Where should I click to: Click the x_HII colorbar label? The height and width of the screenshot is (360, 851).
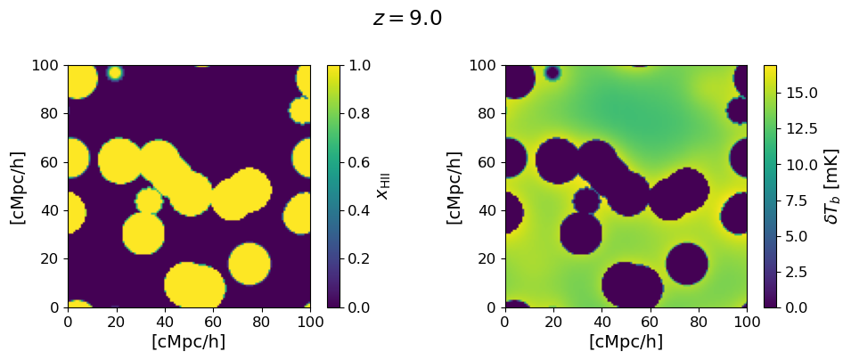click(x=383, y=186)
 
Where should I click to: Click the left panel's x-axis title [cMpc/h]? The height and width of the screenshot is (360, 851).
click(x=189, y=341)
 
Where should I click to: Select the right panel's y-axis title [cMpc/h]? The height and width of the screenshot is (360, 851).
click(x=454, y=186)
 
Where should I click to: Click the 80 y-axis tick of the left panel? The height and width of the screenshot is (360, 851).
click(x=50, y=113)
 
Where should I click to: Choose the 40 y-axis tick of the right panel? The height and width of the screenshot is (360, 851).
click(x=487, y=210)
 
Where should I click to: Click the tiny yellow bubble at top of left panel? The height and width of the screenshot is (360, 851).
click(x=115, y=72)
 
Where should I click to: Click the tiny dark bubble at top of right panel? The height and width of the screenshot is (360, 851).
click(x=552, y=72)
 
